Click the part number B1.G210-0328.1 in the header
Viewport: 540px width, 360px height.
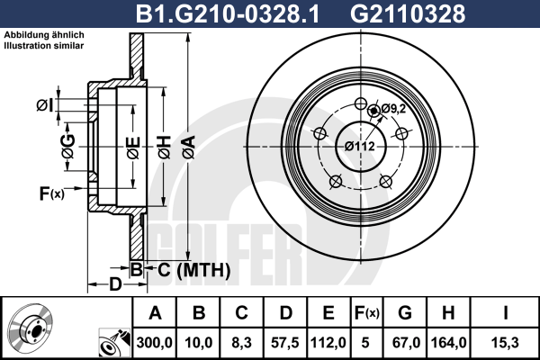click(x=228, y=13)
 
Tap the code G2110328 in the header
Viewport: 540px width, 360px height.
click(x=408, y=13)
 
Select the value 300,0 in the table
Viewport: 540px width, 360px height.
click(x=154, y=343)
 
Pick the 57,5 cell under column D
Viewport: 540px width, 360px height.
click(x=284, y=343)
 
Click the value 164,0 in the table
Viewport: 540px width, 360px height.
click(x=449, y=343)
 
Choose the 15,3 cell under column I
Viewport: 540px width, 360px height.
click(x=505, y=343)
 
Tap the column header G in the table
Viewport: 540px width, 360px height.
click(x=405, y=313)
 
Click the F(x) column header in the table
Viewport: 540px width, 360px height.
click(x=367, y=313)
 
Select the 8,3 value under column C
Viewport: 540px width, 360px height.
click(x=242, y=343)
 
